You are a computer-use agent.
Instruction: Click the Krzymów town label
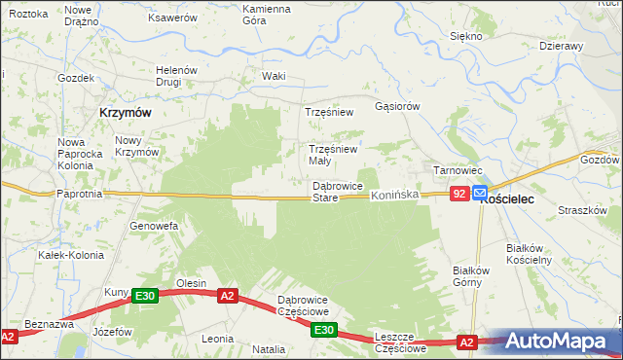(125, 113)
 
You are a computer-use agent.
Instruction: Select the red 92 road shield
(459, 195)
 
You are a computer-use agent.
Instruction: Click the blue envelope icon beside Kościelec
(480, 195)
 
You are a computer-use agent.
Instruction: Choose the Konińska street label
(394, 196)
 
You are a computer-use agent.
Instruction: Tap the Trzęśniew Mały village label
(334, 155)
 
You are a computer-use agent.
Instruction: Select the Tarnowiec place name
(453, 170)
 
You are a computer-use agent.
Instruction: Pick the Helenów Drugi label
(177, 76)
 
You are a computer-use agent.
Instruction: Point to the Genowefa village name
(154, 226)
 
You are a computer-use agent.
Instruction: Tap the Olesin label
(191, 283)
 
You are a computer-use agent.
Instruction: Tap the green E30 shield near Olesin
(145, 296)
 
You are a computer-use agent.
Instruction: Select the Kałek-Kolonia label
(64, 255)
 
